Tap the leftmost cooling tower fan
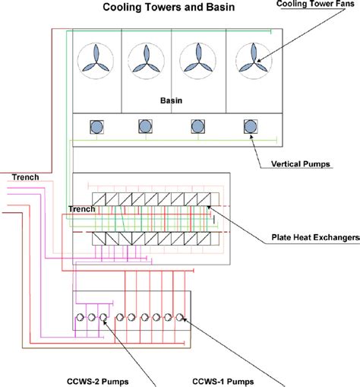point(97,59)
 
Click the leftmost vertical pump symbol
point(96,127)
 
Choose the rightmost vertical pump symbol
point(249,127)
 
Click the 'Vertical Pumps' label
point(303,163)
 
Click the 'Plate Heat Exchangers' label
point(316,237)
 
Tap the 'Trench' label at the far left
point(25,178)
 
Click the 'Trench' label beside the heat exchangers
point(81,208)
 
